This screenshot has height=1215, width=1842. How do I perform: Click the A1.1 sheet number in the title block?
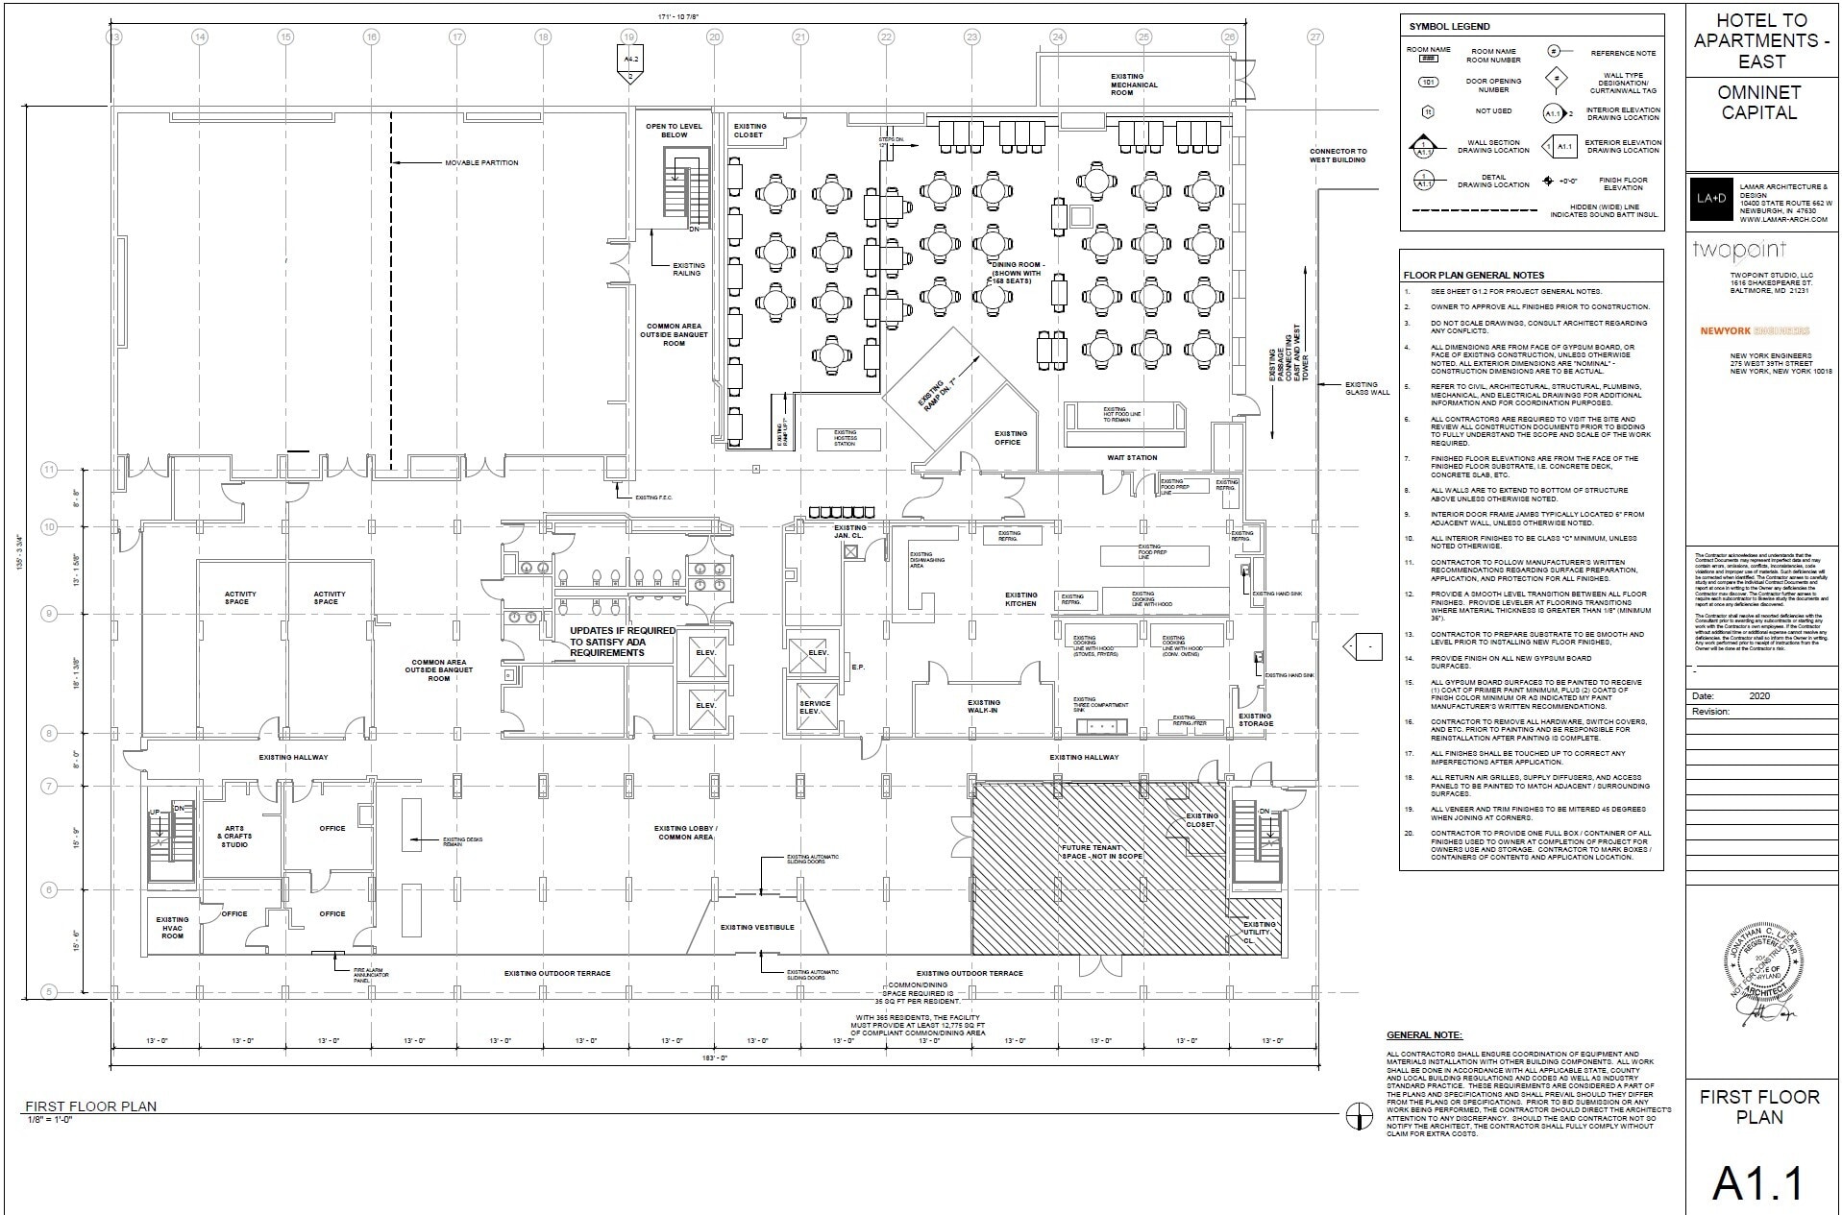click(1760, 1184)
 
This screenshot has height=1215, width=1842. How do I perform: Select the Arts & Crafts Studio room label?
click(234, 836)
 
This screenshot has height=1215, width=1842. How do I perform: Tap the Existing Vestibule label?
click(757, 927)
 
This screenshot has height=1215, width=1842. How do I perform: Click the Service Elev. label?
click(815, 707)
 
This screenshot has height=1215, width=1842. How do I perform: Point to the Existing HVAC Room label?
click(172, 927)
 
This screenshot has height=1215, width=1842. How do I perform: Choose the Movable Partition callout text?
click(480, 162)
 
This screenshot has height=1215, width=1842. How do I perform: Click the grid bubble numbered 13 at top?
click(114, 37)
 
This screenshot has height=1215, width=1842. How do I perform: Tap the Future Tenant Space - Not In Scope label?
click(1101, 852)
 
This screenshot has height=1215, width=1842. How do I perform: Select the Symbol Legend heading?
click(1450, 27)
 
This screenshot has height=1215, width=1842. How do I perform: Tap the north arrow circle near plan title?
click(1359, 1115)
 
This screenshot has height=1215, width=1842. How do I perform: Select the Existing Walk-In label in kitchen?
click(984, 706)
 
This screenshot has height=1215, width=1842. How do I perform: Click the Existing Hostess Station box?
click(845, 439)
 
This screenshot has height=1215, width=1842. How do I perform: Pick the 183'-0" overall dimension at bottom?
click(717, 1057)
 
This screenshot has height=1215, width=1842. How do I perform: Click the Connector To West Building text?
click(1338, 155)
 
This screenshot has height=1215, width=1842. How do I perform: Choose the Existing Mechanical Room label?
click(1134, 85)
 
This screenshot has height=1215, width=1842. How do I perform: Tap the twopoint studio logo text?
click(1738, 251)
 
